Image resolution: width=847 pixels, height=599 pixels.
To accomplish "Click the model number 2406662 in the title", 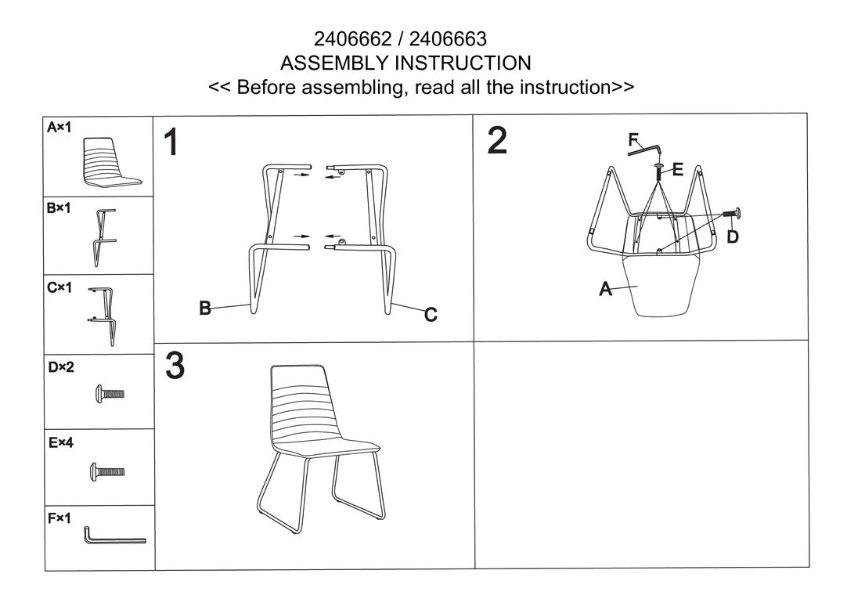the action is (352, 39).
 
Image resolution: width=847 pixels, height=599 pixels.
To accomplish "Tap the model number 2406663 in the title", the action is (448, 39).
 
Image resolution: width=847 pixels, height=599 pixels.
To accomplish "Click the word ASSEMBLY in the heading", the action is (335, 63).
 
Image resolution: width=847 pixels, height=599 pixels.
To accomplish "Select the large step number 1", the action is (171, 142).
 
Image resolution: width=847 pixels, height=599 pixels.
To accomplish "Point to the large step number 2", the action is (497, 140).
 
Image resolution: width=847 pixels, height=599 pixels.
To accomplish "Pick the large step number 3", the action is (175, 366).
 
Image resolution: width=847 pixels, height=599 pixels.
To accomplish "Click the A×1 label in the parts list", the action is (59, 128).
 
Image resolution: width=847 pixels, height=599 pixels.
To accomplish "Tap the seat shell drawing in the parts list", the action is (111, 163).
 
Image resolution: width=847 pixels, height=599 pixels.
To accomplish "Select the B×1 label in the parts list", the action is (59, 208).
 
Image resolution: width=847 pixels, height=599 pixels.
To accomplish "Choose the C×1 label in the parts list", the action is (59, 287).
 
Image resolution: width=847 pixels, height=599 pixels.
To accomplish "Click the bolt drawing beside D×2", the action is (110, 394).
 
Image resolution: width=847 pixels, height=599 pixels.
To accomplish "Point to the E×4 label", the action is (60, 443).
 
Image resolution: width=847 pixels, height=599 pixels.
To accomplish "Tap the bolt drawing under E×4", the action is (107, 471).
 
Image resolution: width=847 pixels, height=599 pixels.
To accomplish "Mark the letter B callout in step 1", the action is (205, 308).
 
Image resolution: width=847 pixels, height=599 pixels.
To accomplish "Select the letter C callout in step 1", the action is (431, 314).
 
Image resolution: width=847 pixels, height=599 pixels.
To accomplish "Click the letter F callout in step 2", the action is (633, 140).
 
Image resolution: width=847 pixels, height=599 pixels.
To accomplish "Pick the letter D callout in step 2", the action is (733, 236).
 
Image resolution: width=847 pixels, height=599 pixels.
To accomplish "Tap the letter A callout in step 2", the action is (606, 289).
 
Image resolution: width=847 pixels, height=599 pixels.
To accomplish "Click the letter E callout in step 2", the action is (677, 170).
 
